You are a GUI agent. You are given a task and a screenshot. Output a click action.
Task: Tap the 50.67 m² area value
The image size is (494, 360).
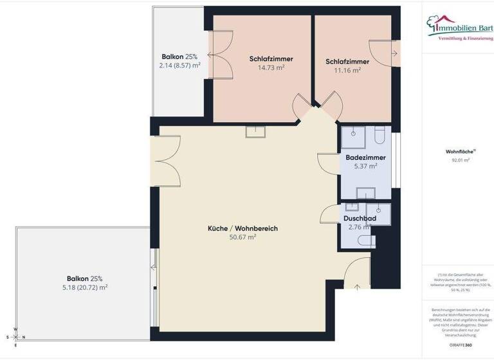242,237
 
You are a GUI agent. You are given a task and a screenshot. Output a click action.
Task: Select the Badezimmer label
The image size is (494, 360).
365,157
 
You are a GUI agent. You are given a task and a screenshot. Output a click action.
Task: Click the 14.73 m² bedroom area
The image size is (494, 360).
271,67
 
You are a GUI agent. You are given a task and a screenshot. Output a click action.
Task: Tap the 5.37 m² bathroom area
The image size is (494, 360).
365,166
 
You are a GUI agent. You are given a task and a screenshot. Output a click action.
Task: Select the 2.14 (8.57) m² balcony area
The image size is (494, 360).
179,66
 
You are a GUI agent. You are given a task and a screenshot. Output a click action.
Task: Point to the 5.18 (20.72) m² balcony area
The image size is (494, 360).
80,287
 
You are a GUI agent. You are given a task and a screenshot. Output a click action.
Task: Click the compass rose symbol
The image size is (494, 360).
16,337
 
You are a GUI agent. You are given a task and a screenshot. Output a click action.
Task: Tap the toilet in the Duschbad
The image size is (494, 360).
367,242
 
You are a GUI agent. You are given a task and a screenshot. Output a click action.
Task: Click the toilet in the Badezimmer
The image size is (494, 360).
380,136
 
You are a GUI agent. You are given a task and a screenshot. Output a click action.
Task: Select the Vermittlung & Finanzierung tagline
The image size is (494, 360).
466,39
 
